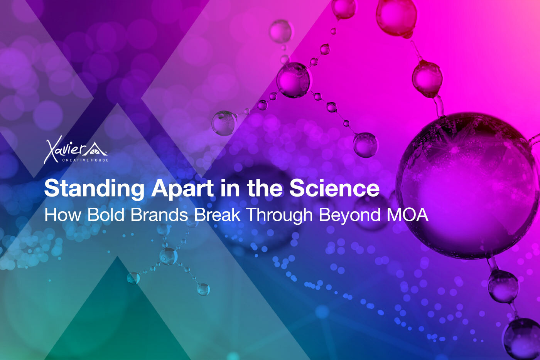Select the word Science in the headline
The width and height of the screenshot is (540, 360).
click(334, 188)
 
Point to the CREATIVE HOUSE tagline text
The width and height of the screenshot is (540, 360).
click(85, 160)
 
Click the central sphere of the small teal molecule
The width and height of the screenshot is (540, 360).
click(168, 256)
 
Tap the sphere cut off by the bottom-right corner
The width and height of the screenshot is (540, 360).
click(523, 340)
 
